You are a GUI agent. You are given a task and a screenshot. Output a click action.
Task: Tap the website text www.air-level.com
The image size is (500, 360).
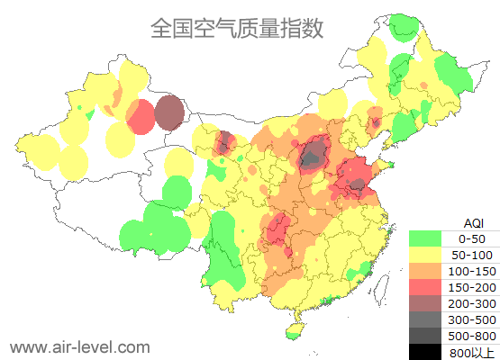point(79,346)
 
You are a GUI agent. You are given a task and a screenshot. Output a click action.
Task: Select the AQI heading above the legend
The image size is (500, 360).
point(473,222)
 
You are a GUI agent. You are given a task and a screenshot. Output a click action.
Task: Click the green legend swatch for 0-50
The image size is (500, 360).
point(425,238)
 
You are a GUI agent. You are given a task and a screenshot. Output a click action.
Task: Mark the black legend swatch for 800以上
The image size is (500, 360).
point(425,351)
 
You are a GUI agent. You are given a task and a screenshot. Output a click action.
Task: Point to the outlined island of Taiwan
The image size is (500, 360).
point(384,287)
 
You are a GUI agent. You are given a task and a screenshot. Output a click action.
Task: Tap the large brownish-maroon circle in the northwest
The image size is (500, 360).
point(168,113)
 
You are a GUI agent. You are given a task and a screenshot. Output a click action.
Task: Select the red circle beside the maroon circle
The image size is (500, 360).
point(141,117)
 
